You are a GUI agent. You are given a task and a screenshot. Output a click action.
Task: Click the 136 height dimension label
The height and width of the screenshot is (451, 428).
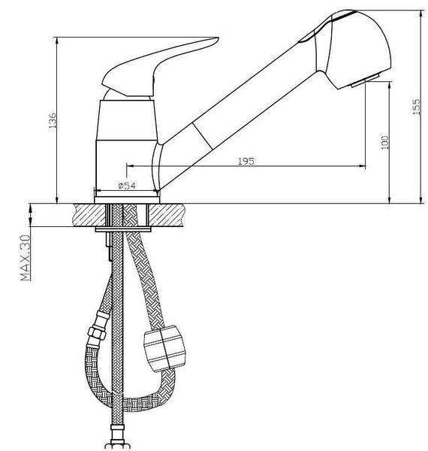[x=53, y=120]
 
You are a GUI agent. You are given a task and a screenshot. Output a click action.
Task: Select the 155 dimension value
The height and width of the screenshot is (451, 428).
[x=416, y=107]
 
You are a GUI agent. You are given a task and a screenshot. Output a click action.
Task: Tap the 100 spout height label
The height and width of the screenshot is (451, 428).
[x=384, y=142]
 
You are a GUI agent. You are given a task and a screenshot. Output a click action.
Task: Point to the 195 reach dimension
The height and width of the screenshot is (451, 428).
[x=246, y=161]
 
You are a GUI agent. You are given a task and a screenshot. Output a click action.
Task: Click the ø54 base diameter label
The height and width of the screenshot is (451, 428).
[x=127, y=186]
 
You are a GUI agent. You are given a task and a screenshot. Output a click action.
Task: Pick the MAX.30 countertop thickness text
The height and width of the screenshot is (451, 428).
[x=26, y=258]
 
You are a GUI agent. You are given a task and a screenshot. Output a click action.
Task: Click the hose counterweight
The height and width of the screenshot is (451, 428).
[x=164, y=348]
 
